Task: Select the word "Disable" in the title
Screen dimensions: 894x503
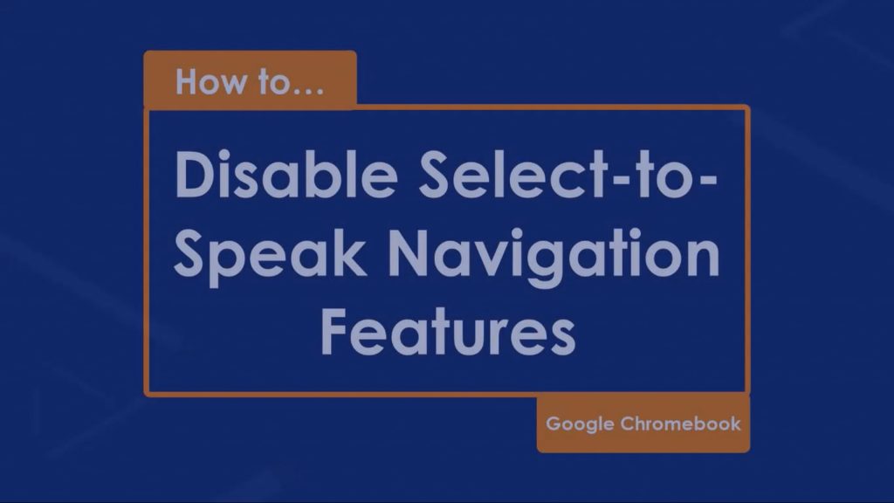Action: tap(286, 175)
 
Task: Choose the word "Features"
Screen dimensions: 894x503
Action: tap(448, 333)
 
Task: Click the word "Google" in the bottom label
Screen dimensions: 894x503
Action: tap(580, 424)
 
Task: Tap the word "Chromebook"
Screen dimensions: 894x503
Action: tap(681, 424)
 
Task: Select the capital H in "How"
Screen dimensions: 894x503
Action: tap(187, 81)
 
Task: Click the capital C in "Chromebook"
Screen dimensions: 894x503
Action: tap(629, 424)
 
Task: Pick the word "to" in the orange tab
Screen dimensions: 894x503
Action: tap(274, 83)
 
